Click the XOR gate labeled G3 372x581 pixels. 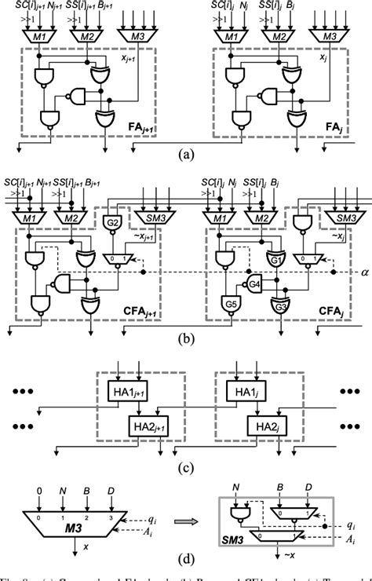tap(278, 305)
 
